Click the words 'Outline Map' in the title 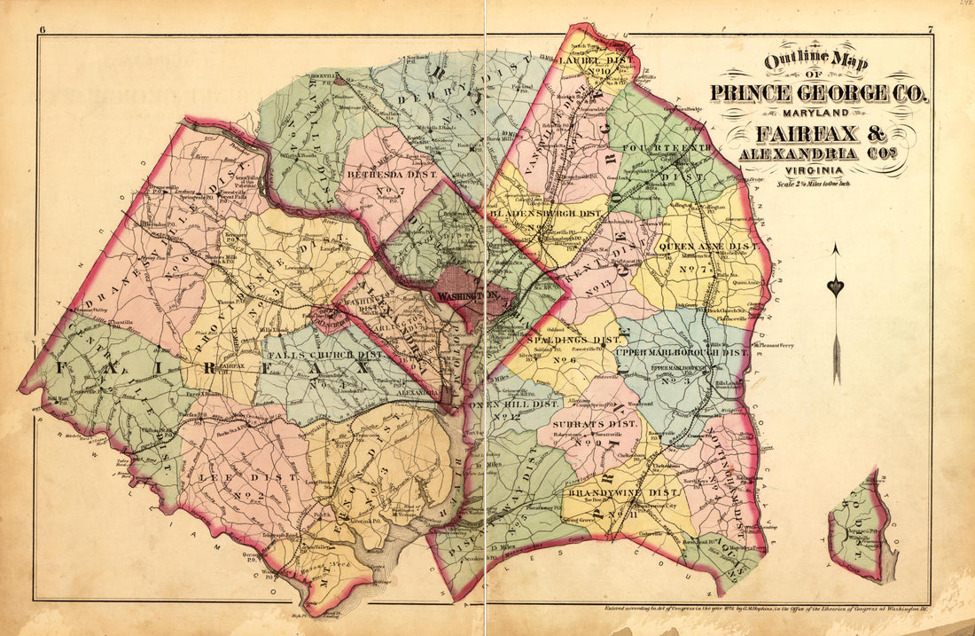click(x=817, y=63)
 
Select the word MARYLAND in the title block click(x=816, y=114)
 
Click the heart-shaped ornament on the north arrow click(x=835, y=287)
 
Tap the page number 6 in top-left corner click(x=42, y=32)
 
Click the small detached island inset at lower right click(x=861, y=530)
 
